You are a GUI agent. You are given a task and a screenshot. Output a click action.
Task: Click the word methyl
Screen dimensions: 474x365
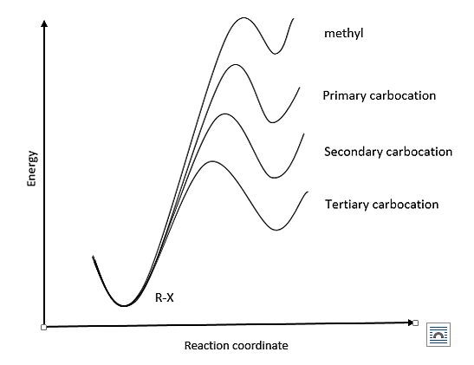tap(343, 33)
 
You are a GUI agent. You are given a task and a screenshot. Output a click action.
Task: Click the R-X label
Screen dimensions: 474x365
tap(165, 298)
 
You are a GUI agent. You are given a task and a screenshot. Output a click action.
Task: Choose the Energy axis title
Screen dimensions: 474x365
tap(32, 168)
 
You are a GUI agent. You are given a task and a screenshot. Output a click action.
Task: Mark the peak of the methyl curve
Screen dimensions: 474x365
tap(243, 17)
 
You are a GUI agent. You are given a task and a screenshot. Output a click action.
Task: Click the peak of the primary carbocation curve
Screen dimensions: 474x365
tap(235, 64)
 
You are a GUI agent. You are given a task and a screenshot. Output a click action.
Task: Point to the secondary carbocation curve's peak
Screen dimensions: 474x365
tap(224, 114)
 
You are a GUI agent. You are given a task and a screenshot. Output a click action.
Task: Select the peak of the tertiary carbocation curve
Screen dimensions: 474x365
tap(212, 161)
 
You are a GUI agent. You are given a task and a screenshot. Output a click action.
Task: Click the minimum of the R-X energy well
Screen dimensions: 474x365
tap(124, 306)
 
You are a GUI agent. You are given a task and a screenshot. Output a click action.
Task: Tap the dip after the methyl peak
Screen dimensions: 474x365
tap(275, 54)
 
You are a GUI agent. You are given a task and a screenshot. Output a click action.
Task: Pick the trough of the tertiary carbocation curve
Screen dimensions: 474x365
tap(276, 230)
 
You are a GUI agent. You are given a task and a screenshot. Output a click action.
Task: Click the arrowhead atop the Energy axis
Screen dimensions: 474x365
tap(44, 23)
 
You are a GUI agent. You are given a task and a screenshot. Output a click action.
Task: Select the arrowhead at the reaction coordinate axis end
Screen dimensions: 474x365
tap(410, 323)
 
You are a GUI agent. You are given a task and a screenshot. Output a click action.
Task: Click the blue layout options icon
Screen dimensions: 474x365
tap(438, 335)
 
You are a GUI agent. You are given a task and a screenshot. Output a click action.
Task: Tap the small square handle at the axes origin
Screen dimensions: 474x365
tap(43, 327)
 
